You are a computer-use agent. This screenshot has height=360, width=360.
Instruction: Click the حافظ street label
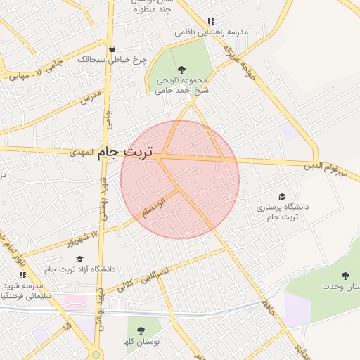click(x=267, y=307)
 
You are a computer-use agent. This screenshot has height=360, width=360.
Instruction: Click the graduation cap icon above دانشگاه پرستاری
click(x=283, y=197)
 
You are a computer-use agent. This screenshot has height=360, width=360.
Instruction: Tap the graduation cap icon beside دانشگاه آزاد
click(x=95, y=257)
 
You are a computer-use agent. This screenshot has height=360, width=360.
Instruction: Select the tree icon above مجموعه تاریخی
click(x=182, y=70)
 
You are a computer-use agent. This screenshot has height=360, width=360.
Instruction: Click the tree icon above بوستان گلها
click(x=141, y=330)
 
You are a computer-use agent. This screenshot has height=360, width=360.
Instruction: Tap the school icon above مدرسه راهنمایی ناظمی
click(x=211, y=22)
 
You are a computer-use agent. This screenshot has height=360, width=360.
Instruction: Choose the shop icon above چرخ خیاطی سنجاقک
click(x=112, y=49)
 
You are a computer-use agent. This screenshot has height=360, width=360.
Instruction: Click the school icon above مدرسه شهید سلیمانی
click(x=22, y=275)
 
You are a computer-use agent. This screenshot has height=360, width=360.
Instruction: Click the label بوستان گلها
click(x=141, y=342)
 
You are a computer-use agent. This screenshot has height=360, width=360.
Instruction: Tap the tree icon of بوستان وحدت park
click(x=345, y=276)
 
